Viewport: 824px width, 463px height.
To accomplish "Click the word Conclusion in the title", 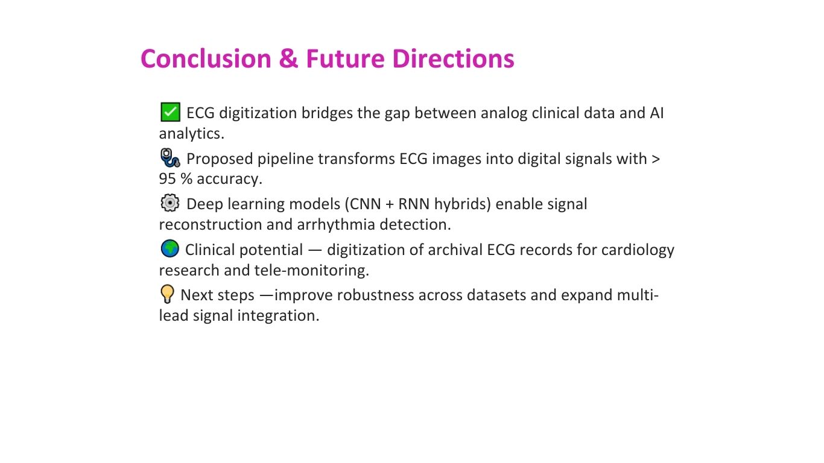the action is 206,59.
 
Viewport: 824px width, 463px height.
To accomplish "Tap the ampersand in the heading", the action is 288,59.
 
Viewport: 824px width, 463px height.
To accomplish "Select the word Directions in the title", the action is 453,59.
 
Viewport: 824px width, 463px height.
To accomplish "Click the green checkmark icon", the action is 170,112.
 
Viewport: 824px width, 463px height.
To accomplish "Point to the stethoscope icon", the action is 170,158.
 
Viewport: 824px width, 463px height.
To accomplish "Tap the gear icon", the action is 170,203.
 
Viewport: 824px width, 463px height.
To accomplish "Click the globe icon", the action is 170,248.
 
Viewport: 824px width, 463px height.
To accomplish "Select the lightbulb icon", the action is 167,294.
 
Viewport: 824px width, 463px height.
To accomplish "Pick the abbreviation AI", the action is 657,113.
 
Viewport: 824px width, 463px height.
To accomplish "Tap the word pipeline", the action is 285,159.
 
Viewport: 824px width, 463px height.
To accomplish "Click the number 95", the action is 167,179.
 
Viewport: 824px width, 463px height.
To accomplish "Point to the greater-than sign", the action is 656,159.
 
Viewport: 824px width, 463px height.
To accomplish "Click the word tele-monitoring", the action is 312,271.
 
